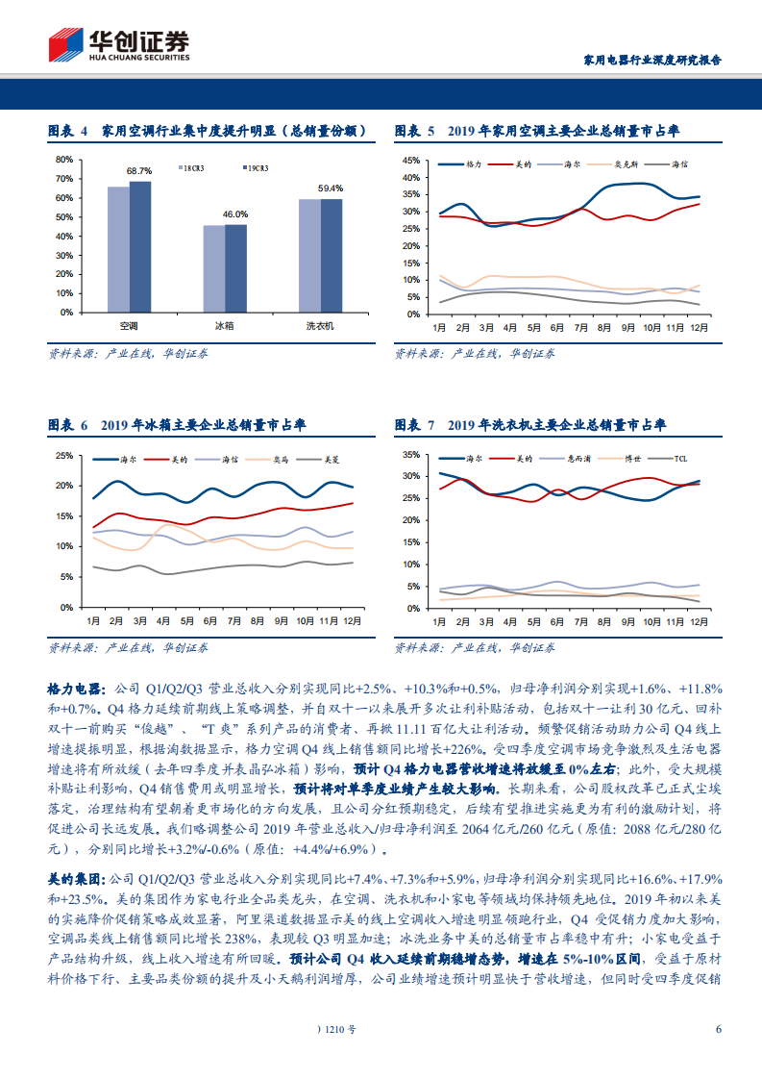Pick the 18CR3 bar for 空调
click(x=118, y=249)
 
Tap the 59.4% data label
click(x=331, y=188)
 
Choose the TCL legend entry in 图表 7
click(x=680, y=459)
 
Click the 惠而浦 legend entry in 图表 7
click(x=579, y=459)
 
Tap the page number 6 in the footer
click(x=718, y=1029)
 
